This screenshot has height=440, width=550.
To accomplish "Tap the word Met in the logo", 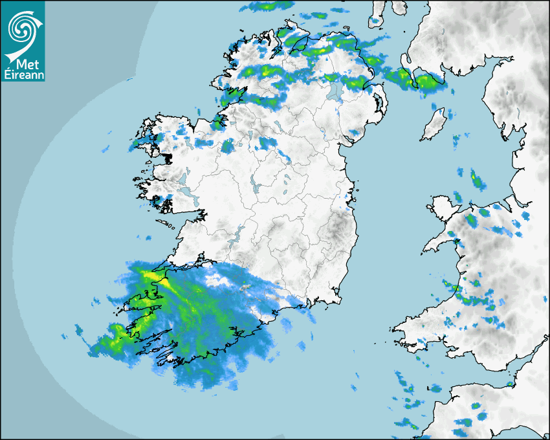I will tap(23, 64).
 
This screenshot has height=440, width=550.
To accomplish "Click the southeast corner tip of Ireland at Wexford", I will tap(339, 298).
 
